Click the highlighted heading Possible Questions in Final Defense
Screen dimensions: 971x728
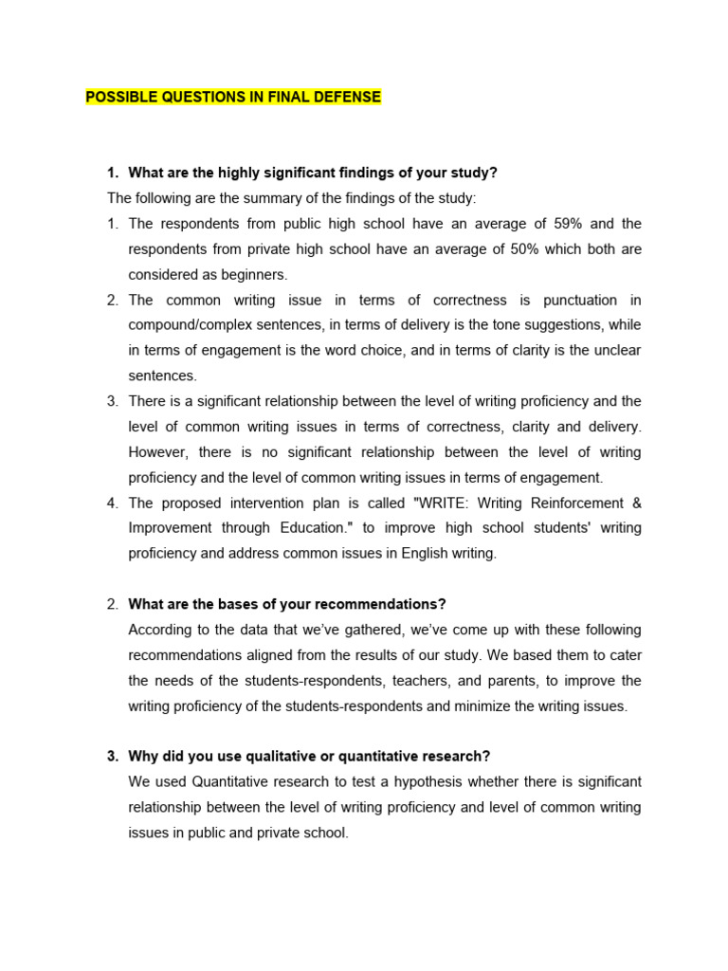tap(233, 97)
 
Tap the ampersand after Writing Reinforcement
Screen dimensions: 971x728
tap(635, 504)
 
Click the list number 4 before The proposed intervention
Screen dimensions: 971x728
tap(112, 504)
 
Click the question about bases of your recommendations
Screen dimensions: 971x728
tap(286, 604)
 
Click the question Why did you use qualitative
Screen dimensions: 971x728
tap(309, 757)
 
